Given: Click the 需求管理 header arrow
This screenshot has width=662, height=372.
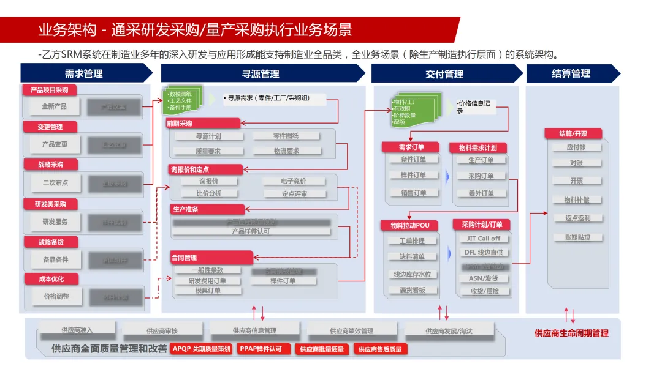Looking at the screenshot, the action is [x=85, y=73].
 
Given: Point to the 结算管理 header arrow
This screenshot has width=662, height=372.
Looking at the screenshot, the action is [x=572, y=73].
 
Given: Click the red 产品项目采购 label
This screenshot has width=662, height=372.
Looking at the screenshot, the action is [x=50, y=90].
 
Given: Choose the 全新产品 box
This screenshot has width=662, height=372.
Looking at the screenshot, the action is [x=54, y=106].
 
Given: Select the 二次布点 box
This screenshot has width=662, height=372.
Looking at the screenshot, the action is [x=55, y=183].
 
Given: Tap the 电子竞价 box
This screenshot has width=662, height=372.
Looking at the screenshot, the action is [x=294, y=181].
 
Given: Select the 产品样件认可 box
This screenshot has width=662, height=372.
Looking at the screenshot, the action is [x=251, y=232].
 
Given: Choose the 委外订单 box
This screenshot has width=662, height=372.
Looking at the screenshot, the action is [x=481, y=193].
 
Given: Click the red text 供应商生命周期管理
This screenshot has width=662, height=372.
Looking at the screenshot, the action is [x=571, y=333].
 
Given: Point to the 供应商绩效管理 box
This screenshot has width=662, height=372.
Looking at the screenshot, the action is [x=351, y=331].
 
